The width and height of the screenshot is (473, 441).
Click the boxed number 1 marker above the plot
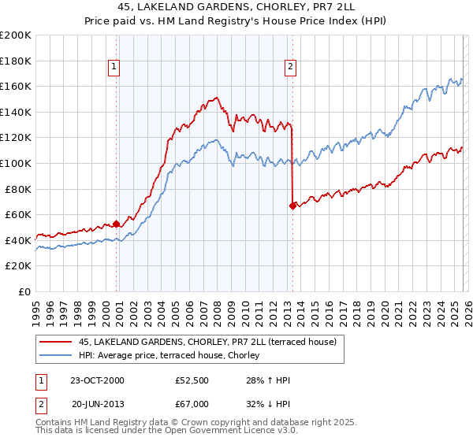click(x=115, y=68)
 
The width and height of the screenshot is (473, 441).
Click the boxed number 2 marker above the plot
click(x=291, y=68)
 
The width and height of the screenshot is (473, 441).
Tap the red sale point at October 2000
click(x=117, y=224)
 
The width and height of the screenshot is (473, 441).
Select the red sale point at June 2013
click(x=292, y=206)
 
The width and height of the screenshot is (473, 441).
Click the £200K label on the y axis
click(x=17, y=35)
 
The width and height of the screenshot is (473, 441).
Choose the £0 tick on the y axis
click(x=25, y=291)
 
